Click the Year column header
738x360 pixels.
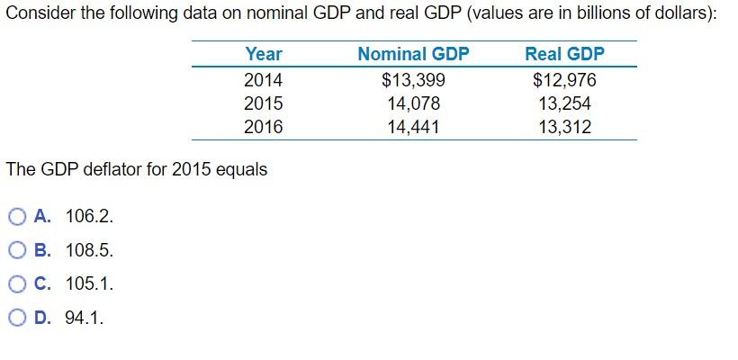pyautogui.click(x=263, y=54)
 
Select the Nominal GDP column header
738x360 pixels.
pyautogui.click(x=413, y=54)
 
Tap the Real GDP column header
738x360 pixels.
pyautogui.click(x=564, y=54)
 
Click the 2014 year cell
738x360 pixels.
pyautogui.click(x=263, y=80)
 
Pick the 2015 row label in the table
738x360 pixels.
pyautogui.click(x=263, y=103)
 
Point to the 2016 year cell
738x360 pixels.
pyautogui.click(x=263, y=127)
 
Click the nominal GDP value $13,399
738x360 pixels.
pyautogui.click(x=413, y=80)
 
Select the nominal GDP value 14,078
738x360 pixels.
pyautogui.click(x=413, y=103)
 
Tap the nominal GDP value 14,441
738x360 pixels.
pyautogui.click(x=413, y=127)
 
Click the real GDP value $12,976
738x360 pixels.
pyautogui.click(x=564, y=80)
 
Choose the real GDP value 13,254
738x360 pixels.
pyautogui.click(x=564, y=103)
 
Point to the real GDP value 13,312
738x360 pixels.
pyautogui.click(x=564, y=127)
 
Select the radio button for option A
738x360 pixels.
pyautogui.click(x=17, y=216)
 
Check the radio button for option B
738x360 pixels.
pyautogui.click(x=17, y=250)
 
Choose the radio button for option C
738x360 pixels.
pyautogui.click(x=17, y=284)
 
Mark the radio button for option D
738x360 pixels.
pyautogui.click(x=17, y=318)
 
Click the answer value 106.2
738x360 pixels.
pyautogui.click(x=90, y=216)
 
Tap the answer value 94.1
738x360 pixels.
pyautogui.click(x=85, y=318)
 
